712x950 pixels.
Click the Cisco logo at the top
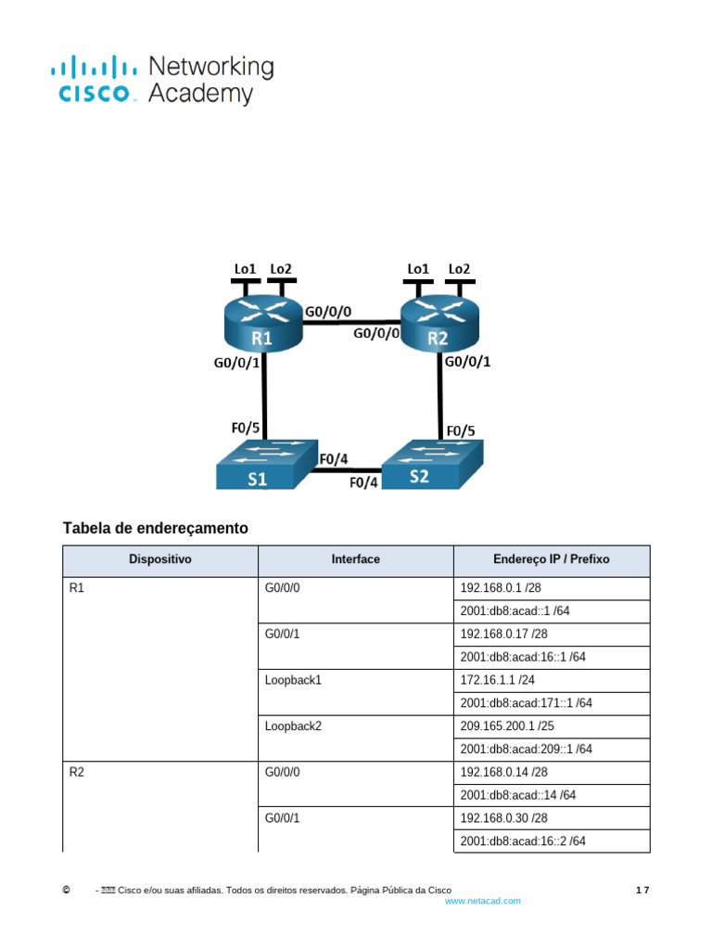tap(162, 81)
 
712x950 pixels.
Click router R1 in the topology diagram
tap(263, 322)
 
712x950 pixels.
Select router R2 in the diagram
tap(439, 322)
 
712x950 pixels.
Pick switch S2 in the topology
tap(432, 464)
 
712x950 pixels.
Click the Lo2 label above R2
tap(459, 268)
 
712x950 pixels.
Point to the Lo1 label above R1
tap(245, 268)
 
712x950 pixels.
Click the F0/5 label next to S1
tap(245, 428)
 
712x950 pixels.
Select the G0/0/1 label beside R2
tap(467, 362)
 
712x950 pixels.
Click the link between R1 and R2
tap(351, 322)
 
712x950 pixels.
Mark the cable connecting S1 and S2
tap(346, 469)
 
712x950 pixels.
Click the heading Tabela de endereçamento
tap(156, 528)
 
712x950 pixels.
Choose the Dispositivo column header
tap(159, 559)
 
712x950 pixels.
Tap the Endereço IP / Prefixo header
tap(552, 559)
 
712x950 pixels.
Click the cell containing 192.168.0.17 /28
tap(552, 635)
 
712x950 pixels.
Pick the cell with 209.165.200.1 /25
tap(552, 726)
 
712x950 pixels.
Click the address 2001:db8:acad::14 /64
tap(517, 795)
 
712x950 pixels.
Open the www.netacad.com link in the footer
tap(482, 901)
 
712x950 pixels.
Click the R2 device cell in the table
tap(159, 807)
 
